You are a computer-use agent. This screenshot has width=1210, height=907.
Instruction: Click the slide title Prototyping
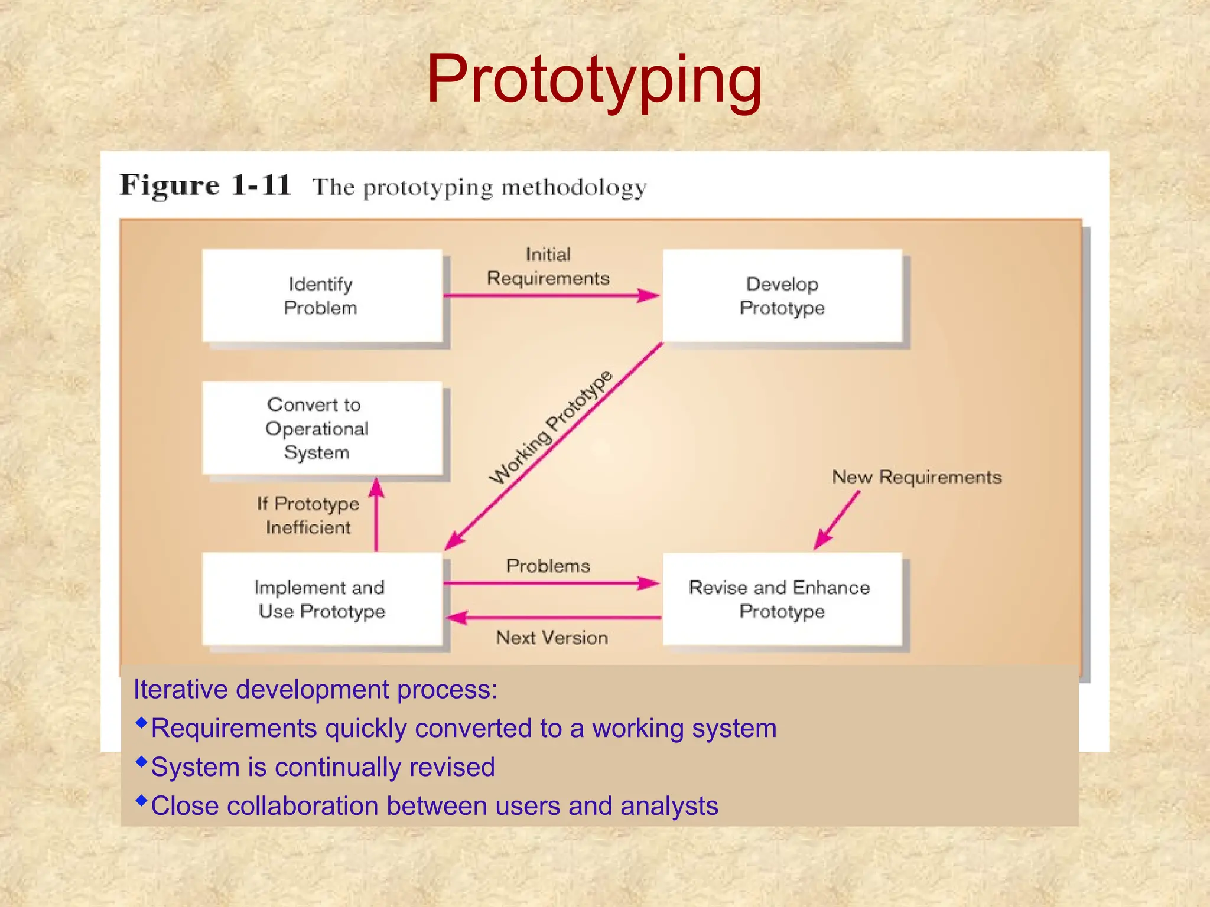pyautogui.click(x=594, y=80)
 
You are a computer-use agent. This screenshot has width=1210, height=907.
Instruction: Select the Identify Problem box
pyautogui.click(x=322, y=295)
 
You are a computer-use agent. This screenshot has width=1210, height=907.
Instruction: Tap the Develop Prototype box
pyautogui.click(x=782, y=295)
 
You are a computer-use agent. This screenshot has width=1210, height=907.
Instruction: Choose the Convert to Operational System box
pyautogui.click(x=322, y=428)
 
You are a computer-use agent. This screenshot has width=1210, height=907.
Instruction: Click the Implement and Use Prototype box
pyautogui.click(x=322, y=599)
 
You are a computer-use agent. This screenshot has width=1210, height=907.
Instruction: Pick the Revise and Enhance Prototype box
pyautogui.click(x=782, y=599)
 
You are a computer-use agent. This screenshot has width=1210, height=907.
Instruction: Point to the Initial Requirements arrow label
pyautogui.click(x=548, y=266)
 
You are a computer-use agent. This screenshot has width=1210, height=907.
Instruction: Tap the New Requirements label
pyautogui.click(x=916, y=477)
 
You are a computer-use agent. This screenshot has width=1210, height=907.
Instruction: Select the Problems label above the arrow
pyautogui.click(x=548, y=566)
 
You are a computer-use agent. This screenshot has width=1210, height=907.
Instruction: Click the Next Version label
pyautogui.click(x=552, y=638)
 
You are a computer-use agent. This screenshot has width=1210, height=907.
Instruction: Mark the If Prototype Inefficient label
pyautogui.click(x=308, y=515)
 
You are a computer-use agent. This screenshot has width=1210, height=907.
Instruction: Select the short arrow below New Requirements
pyautogui.click(x=836, y=520)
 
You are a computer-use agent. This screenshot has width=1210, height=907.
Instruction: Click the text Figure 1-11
pyautogui.click(x=206, y=185)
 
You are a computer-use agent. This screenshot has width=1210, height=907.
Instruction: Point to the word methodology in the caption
pyautogui.click(x=574, y=188)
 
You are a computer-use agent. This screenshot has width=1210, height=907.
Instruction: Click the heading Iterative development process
pyautogui.click(x=315, y=689)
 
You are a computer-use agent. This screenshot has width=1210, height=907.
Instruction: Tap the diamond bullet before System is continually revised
pyautogui.click(x=141, y=762)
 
